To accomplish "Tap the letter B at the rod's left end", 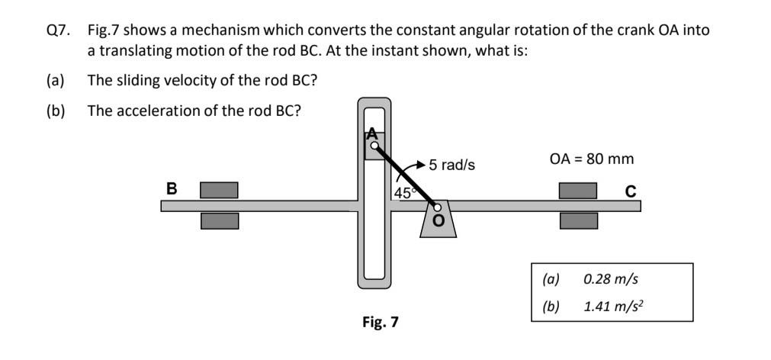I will point(172,188).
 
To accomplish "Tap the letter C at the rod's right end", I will point(630,191).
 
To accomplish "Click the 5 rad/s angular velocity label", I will point(451,165).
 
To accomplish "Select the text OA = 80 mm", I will point(591,159).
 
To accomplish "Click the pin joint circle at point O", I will point(438,206).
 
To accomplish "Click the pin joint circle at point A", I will point(374,144).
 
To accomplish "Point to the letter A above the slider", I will point(372,131).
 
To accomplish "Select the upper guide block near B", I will point(219,190).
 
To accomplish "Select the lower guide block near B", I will point(219,220).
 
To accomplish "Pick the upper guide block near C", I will point(578,190).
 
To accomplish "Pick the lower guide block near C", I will point(578,220).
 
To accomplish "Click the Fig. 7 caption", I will point(380,322).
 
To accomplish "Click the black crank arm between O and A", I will point(406,175).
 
